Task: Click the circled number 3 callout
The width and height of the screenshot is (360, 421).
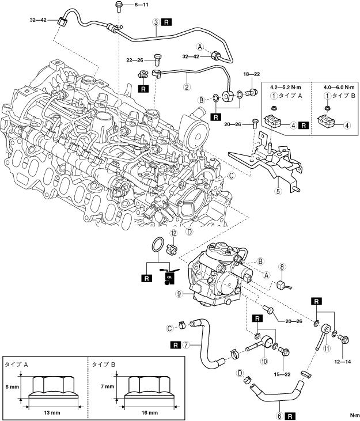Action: coord(156,22)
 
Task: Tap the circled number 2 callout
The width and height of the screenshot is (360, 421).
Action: coord(187,88)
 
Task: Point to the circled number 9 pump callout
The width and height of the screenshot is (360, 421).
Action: coord(180,294)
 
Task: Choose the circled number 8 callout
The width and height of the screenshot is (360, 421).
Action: coord(282,267)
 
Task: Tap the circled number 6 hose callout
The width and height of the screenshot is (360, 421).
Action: coord(280,415)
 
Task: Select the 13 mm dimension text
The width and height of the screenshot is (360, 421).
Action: coord(54,412)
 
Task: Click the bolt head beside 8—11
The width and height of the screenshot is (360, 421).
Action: coord(117,6)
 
